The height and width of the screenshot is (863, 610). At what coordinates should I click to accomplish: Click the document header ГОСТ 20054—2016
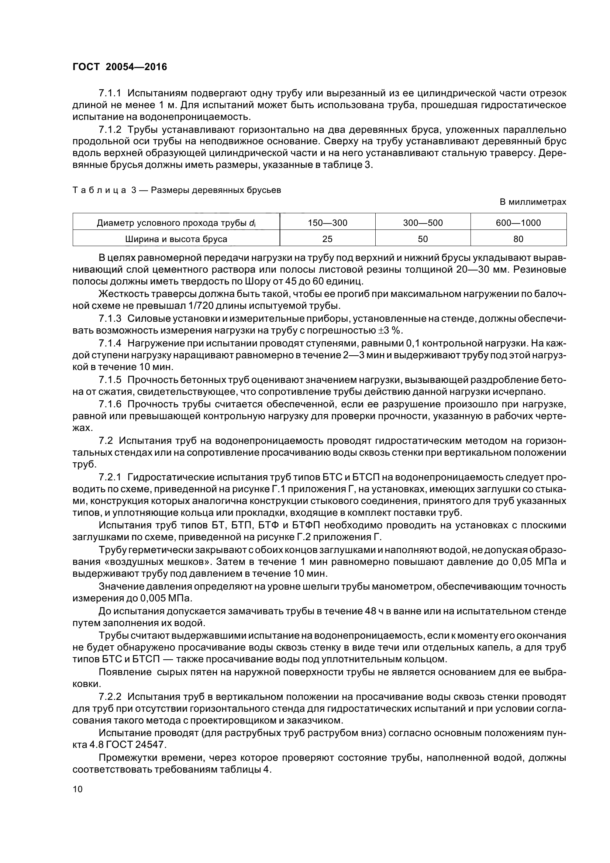(120, 67)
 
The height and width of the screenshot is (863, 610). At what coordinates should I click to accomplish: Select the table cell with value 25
(327, 239)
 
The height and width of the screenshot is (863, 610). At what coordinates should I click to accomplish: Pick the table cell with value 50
(423, 239)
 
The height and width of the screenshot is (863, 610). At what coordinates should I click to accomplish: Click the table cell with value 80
(518, 239)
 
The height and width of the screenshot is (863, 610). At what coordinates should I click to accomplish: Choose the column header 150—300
(327, 223)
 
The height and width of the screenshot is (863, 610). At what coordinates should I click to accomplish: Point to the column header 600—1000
(518, 223)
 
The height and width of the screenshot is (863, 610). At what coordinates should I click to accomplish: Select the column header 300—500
(423, 223)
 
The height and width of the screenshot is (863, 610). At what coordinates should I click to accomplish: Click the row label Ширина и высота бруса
(176, 239)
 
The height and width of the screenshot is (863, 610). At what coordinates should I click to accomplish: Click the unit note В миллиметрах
(533, 202)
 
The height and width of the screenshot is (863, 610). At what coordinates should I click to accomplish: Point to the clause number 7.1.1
(110, 94)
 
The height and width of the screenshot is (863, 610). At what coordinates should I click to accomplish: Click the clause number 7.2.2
(110, 697)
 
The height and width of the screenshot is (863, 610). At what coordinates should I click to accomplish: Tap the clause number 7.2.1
(110, 477)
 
